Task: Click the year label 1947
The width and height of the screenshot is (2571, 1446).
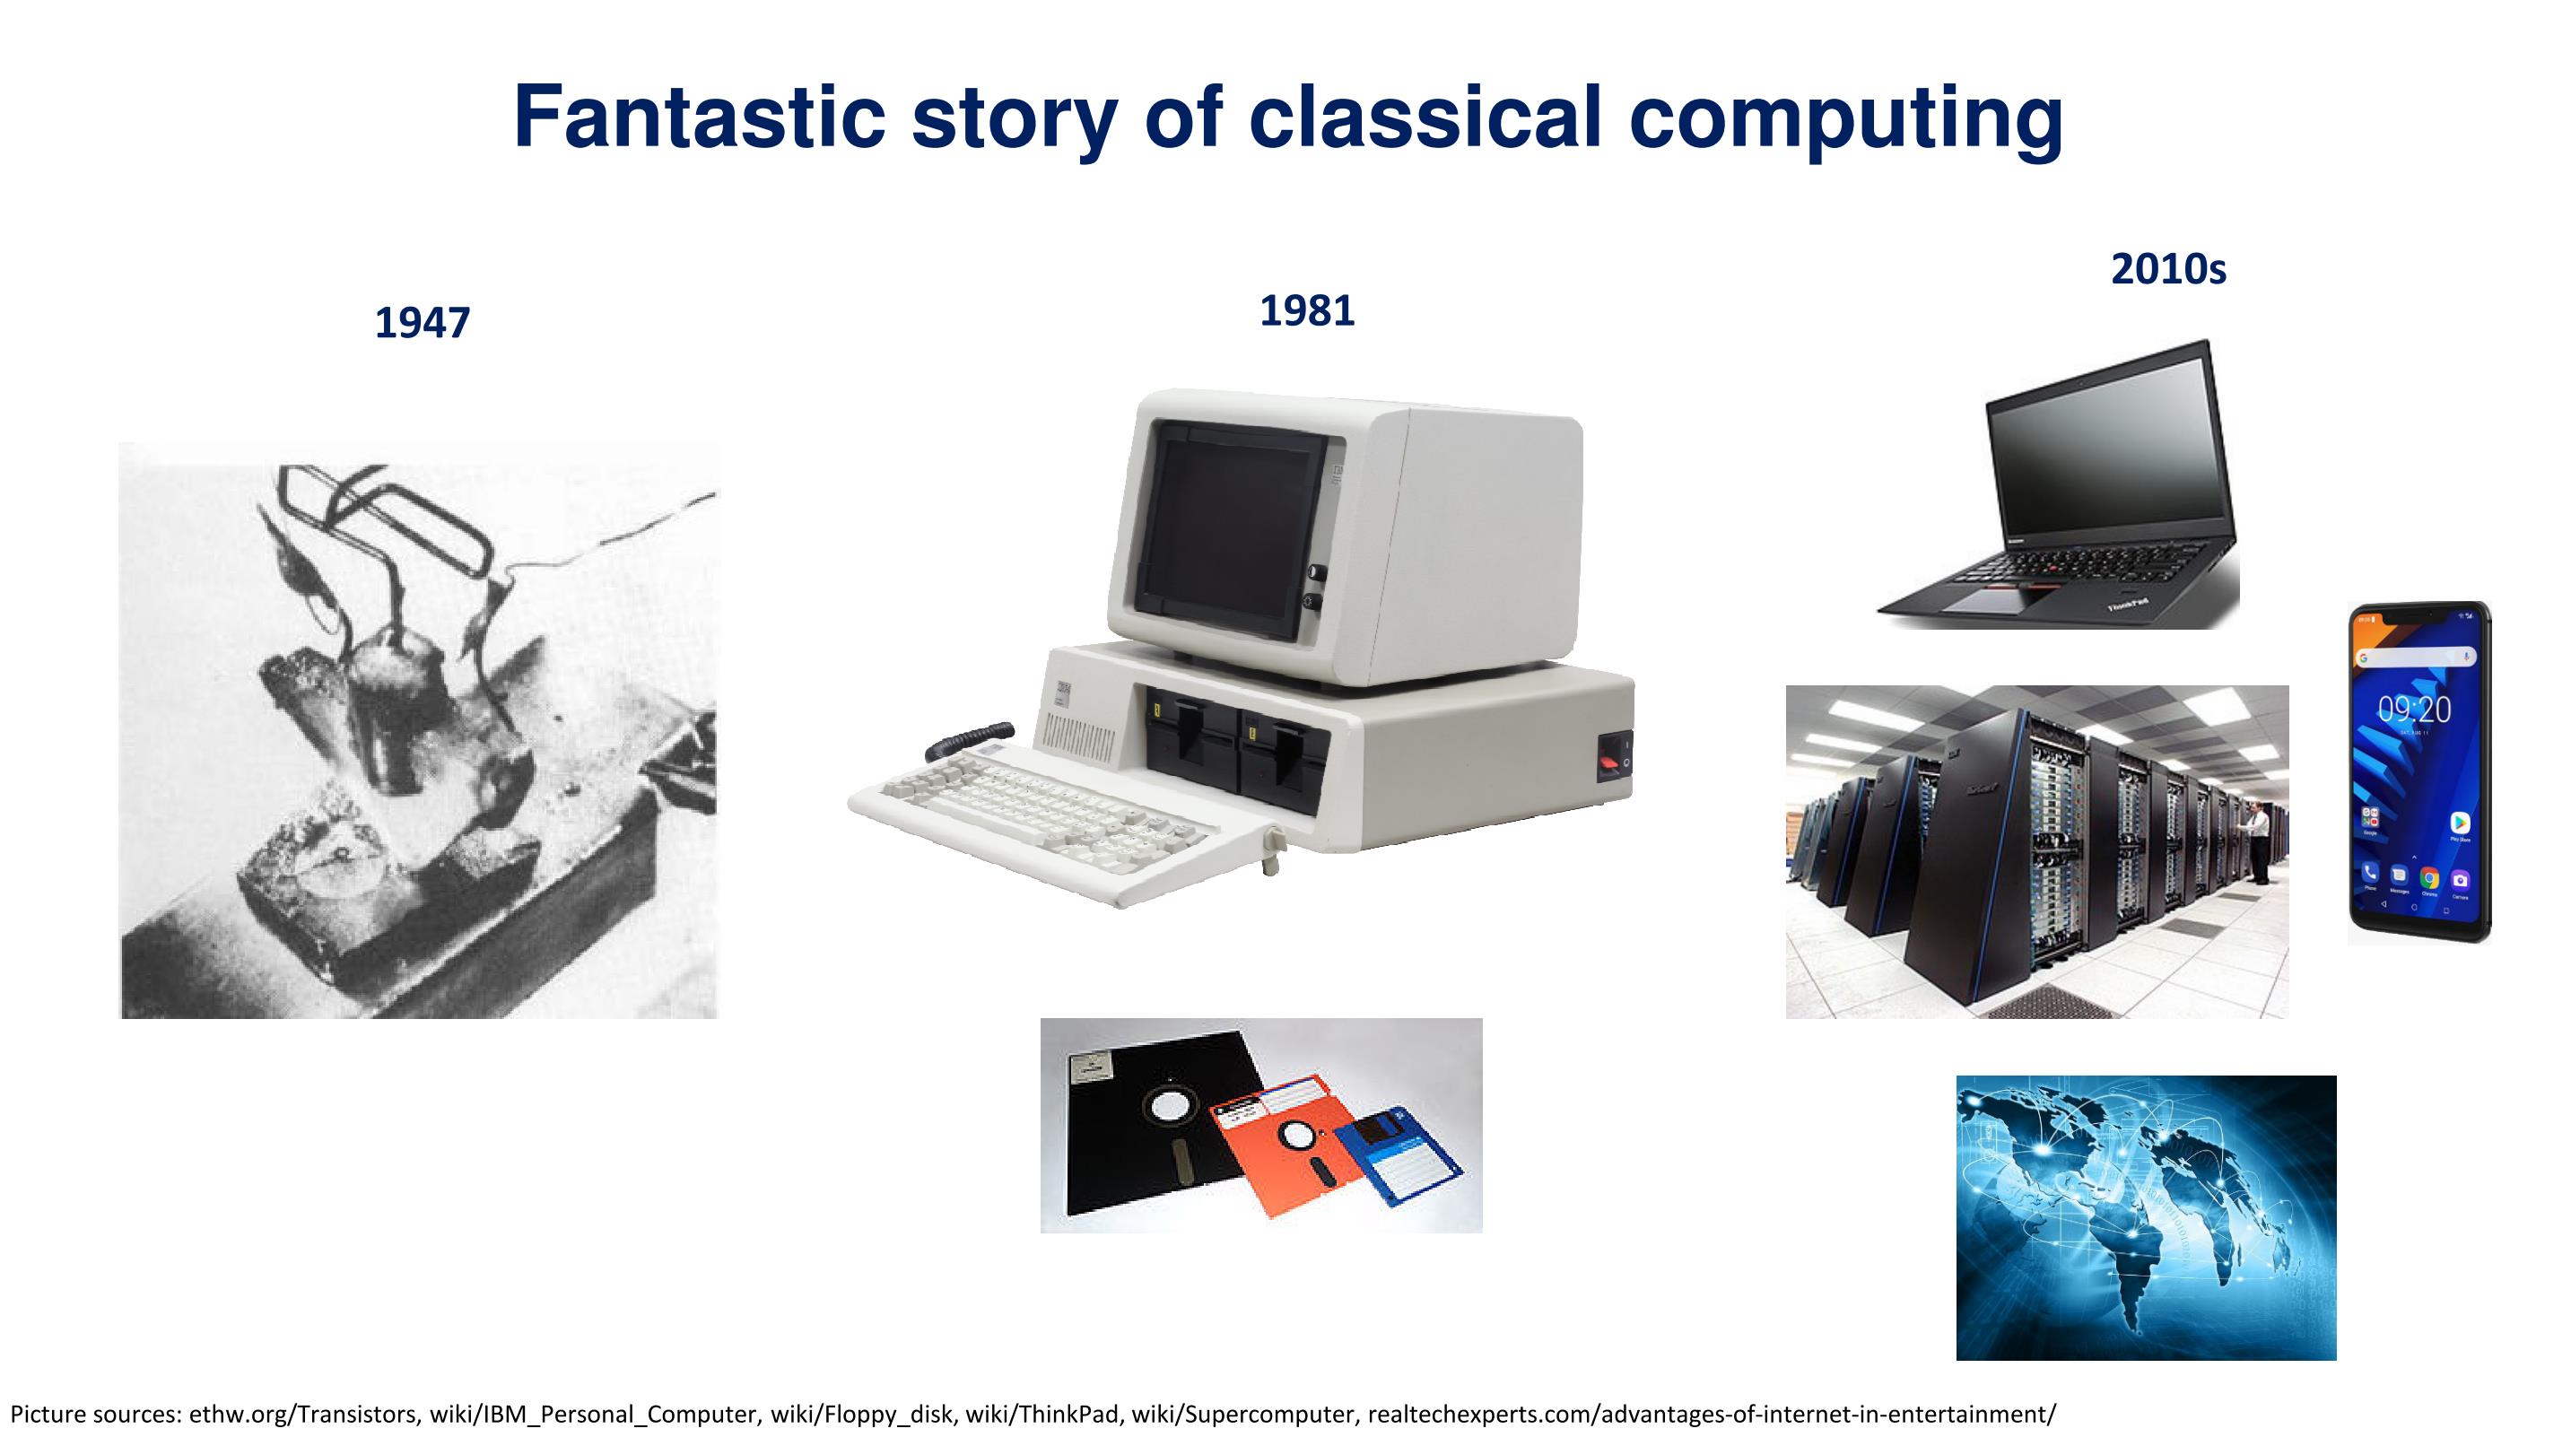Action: [x=423, y=323]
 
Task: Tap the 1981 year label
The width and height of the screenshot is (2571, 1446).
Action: [x=1307, y=311]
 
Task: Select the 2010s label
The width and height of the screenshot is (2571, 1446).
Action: [x=2169, y=269]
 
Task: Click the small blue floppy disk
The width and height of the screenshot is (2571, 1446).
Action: [x=1398, y=1157]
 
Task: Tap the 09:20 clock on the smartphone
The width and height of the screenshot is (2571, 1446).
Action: [x=2414, y=710]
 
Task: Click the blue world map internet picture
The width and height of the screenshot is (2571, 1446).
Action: [x=2146, y=1217]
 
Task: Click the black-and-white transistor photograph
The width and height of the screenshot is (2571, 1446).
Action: [x=418, y=730]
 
